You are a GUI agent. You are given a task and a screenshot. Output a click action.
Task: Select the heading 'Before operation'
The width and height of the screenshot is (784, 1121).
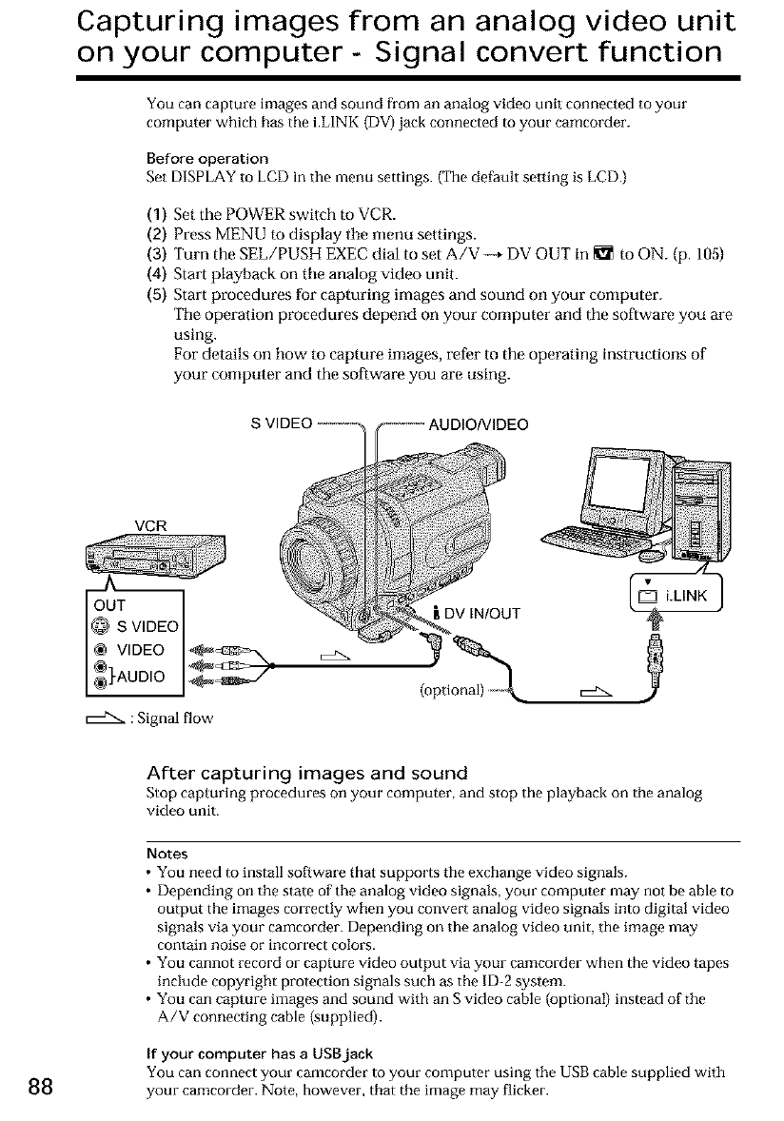(x=208, y=157)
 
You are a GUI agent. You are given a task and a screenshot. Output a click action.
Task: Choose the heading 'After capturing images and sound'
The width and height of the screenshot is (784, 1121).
(x=305, y=772)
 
